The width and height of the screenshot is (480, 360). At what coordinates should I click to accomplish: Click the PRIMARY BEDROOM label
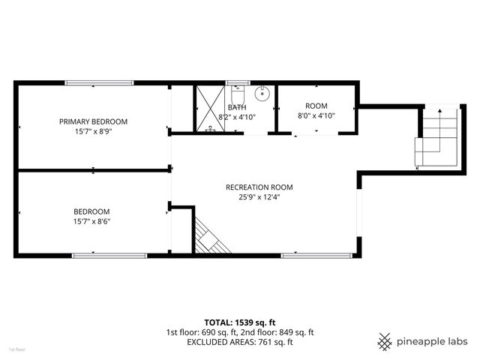(94, 121)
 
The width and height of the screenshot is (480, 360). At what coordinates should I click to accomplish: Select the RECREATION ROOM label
(259, 187)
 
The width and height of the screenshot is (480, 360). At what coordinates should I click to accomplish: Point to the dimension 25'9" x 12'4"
(259, 198)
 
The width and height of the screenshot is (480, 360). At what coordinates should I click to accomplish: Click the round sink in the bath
(262, 94)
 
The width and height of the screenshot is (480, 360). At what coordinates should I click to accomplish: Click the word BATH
(237, 107)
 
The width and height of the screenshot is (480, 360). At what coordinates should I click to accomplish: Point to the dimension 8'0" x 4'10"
(316, 116)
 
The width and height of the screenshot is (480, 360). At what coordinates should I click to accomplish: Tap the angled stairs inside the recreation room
(210, 236)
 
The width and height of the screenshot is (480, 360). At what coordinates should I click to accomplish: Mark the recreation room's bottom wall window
(315, 256)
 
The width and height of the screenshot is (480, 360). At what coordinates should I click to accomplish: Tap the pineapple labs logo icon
(385, 341)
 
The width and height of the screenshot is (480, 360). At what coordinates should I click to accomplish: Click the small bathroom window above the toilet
(237, 83)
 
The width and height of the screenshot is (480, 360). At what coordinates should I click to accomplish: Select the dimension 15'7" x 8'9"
(93, 131)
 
